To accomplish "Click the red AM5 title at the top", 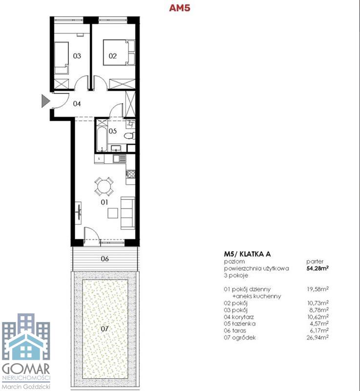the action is tap(180, 8).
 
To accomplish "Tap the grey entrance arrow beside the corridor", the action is tap(45, 101).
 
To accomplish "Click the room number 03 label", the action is tap(77, 56).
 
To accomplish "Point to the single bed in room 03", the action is tap(61, 58).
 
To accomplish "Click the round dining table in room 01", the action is tap(104, 186).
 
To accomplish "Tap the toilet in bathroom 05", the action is tap(129, 136).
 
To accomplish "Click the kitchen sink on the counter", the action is tap(120, 158).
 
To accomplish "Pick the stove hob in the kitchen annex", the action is tap(130, 174).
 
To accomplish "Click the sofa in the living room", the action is tap(128, 213).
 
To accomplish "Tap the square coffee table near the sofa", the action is tap(113, 213).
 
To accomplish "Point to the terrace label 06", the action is tap(105, 259).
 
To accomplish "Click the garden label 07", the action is tap(105, 328).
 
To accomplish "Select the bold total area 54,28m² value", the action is tap(318, 268).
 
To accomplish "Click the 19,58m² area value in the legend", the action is tap(318, 289).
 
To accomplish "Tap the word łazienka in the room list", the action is tap(243, 324).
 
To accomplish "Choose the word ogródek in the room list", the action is tap(244, 338).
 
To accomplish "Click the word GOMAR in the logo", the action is tap(26, 369).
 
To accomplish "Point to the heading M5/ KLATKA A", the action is tap(247, 254).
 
